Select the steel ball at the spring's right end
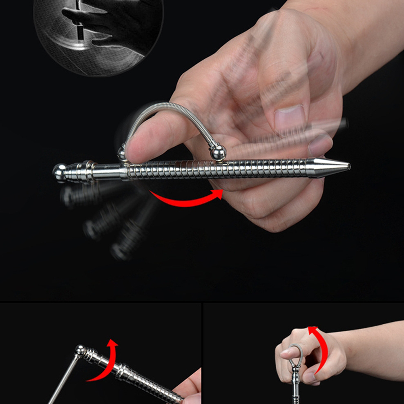(x=218, y=153)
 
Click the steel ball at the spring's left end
(x=122, y=154)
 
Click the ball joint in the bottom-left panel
(x=80, y=350)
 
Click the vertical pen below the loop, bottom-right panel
(x=295, y=388)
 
